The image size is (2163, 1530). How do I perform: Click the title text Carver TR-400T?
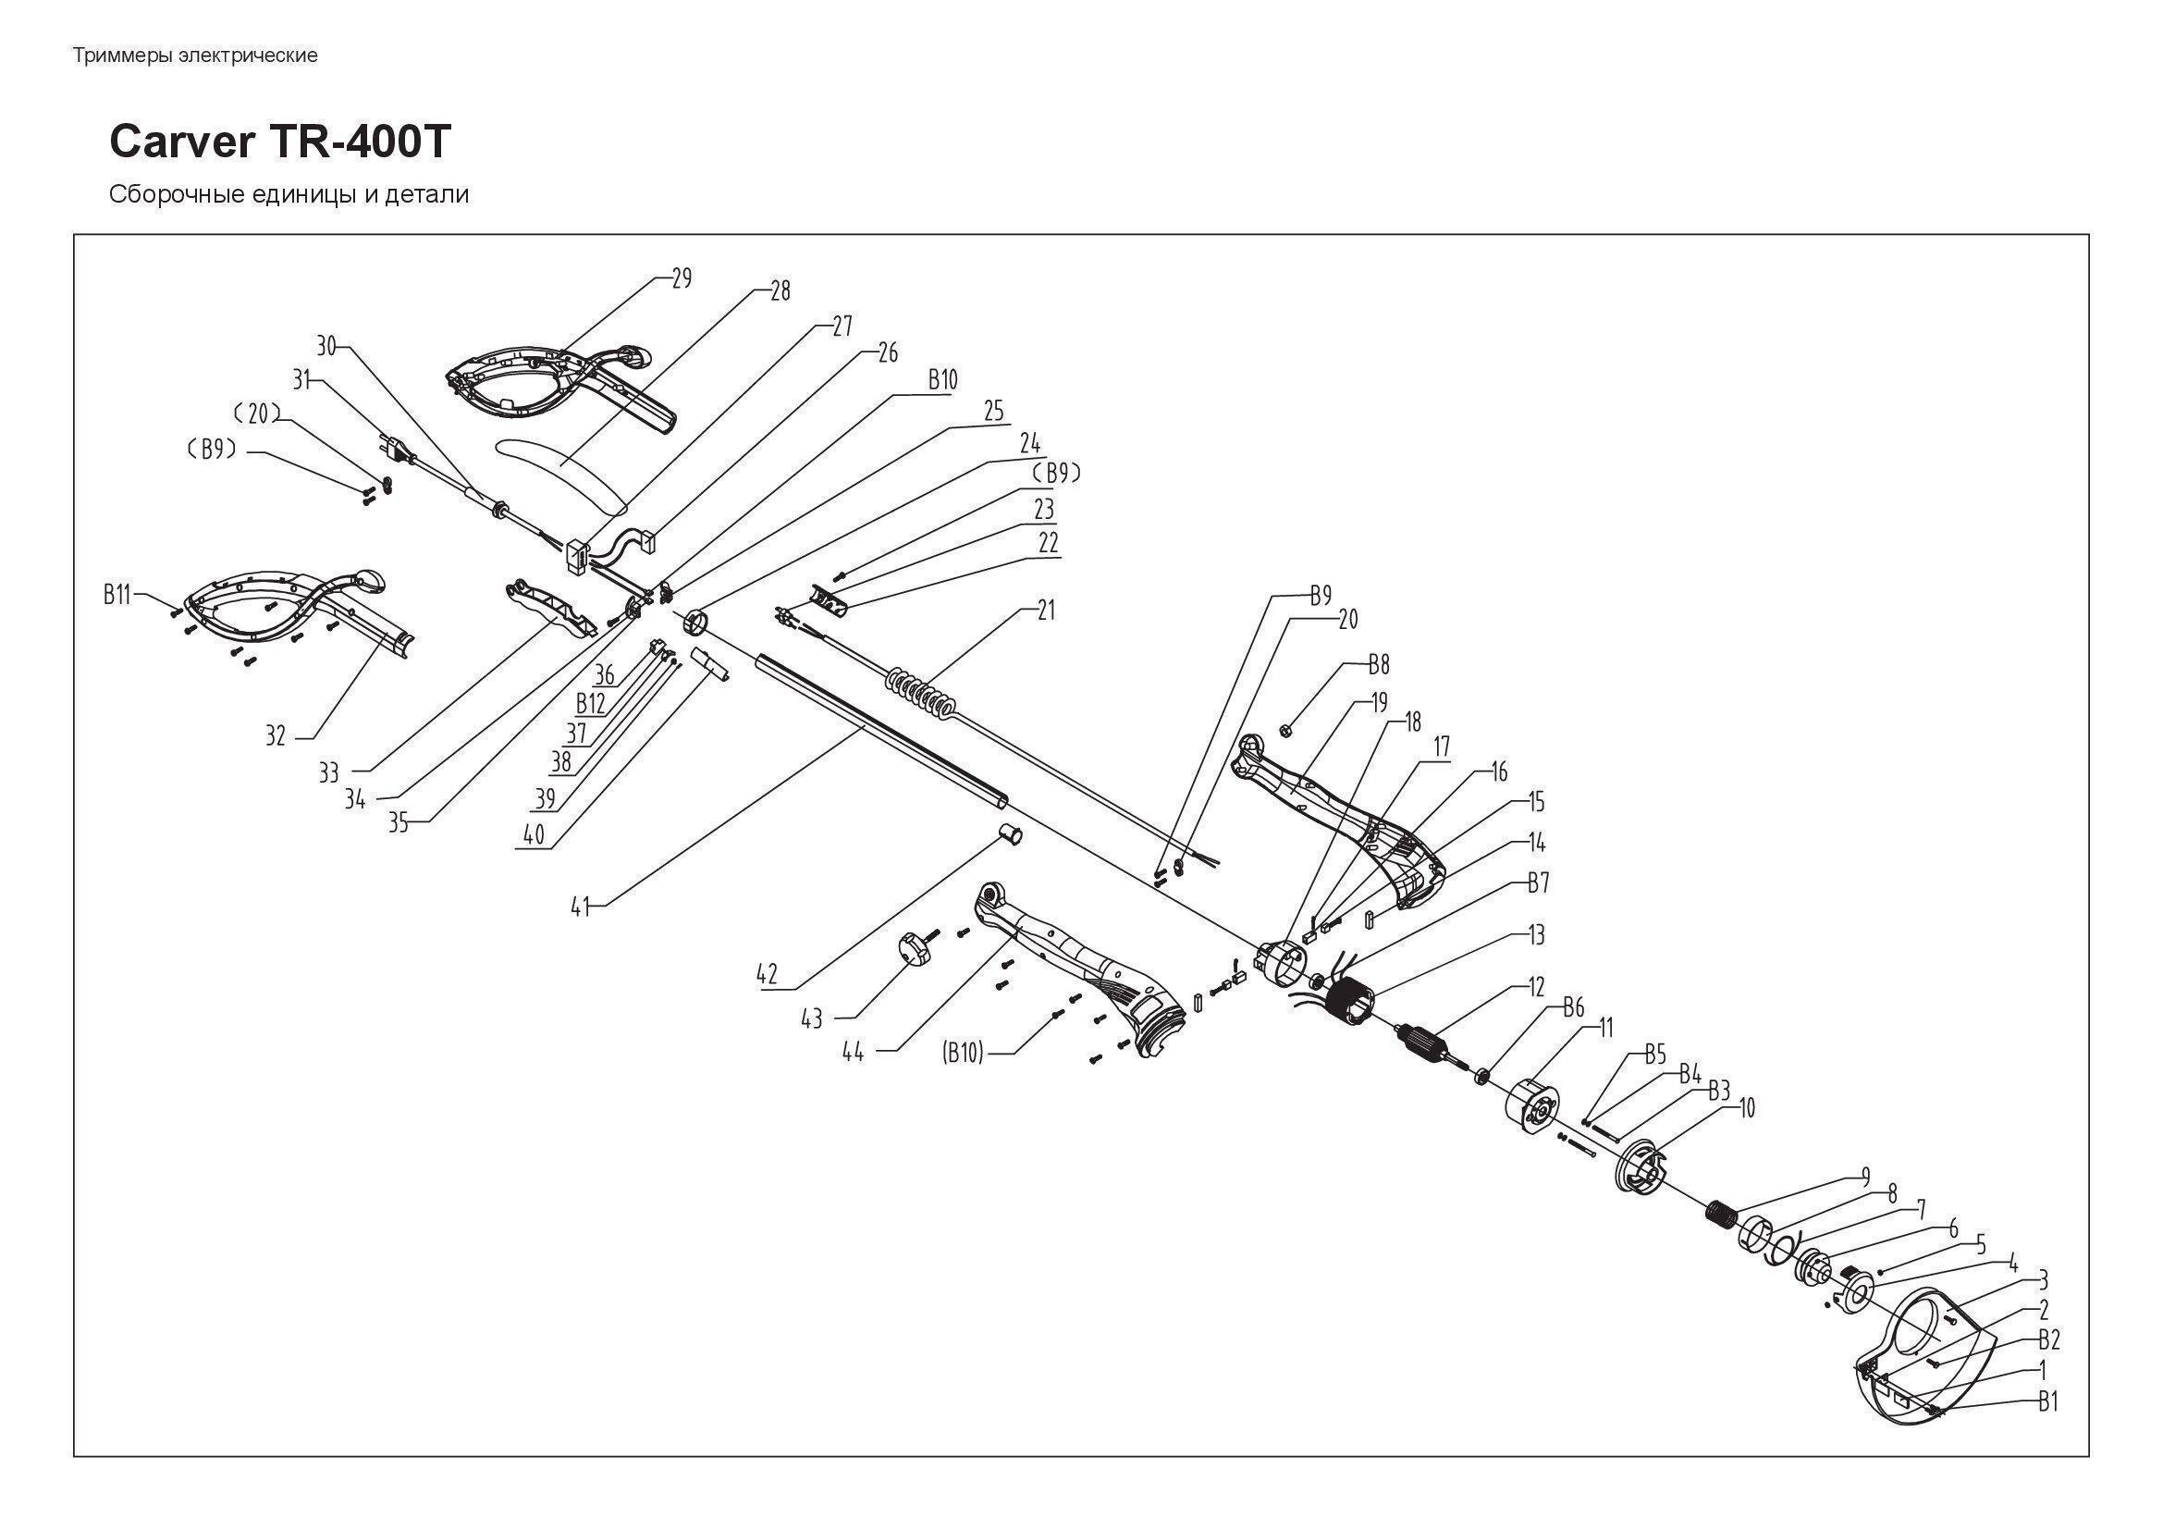[x=281, y=142]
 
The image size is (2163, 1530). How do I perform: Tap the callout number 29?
[x=682, y=278]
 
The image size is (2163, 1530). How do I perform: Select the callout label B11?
[x=117, y=595]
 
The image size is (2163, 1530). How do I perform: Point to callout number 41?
[x=581, y=907]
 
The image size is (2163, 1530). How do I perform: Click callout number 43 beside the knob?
[x=811, y=1018]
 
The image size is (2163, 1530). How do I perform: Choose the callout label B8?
[x=1378, y=665]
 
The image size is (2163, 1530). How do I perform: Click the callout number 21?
[x=1046, y=611]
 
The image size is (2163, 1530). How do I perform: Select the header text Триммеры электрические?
[x=195, y=56]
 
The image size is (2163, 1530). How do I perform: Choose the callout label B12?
[x=591, y=703]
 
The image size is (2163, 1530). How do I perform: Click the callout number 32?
[x=275, y=735]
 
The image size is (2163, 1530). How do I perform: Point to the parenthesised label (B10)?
[x=963, y=1054]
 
